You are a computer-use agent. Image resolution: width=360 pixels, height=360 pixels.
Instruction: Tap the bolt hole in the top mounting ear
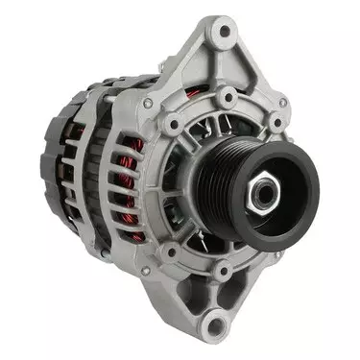224,32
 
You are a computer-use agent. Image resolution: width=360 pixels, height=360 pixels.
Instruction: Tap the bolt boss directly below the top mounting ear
227,99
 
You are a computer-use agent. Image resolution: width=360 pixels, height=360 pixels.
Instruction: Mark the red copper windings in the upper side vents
134,154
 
